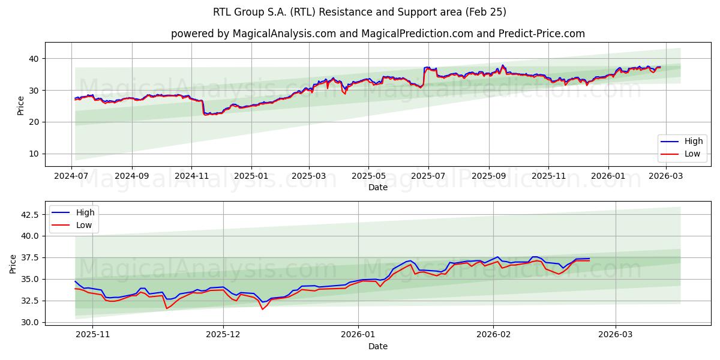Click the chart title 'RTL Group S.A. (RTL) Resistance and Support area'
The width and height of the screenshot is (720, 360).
[359, 12]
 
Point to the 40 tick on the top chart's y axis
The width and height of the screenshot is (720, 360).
[33, 59]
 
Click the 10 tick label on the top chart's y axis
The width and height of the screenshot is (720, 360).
[33, 154]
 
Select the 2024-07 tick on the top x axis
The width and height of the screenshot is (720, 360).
[72, 176]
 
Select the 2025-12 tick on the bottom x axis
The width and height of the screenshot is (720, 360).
[223, 335]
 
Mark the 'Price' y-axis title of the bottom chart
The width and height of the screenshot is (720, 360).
[13, 263]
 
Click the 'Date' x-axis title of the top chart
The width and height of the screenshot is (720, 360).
[377, 187]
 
